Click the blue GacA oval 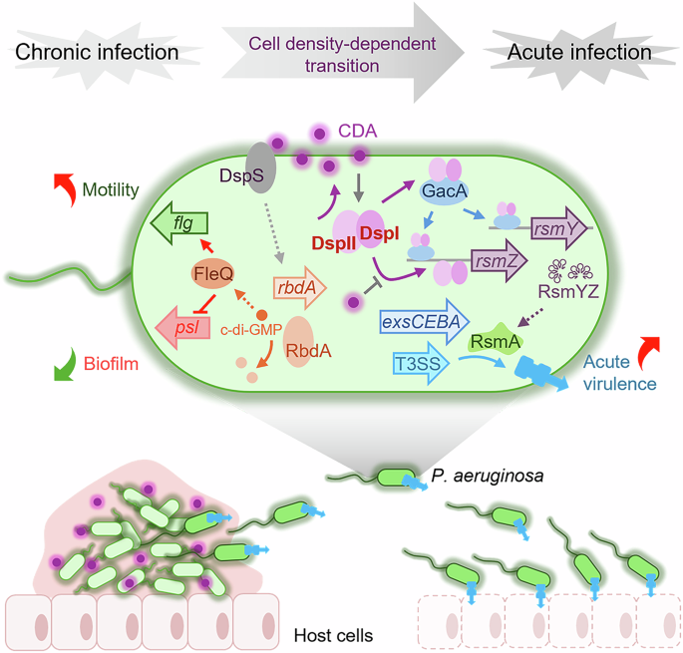point(452,190)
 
